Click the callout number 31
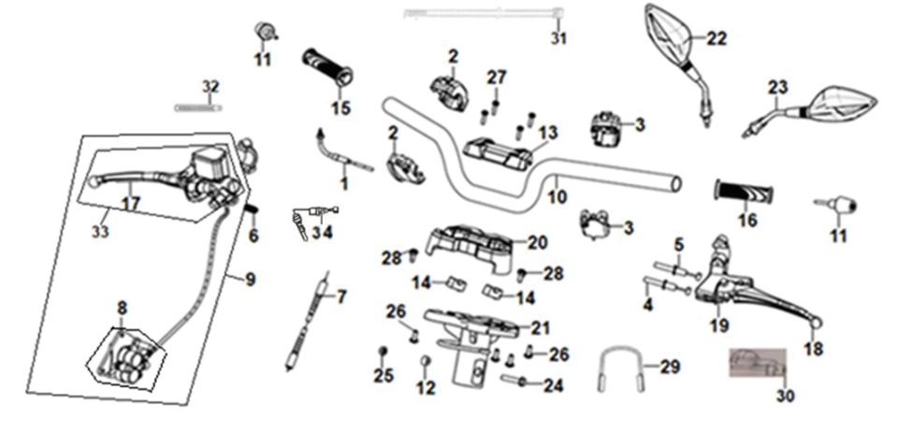coord(558,38)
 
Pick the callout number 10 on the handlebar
coord(558,197)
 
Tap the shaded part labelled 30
coord(757,362)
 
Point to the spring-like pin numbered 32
coord(197,107)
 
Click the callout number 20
coord(536,242)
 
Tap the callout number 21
coord(541,327)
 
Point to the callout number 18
coord(812,349)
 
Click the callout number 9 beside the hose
coord(249,278)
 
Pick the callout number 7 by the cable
coord(341,297)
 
